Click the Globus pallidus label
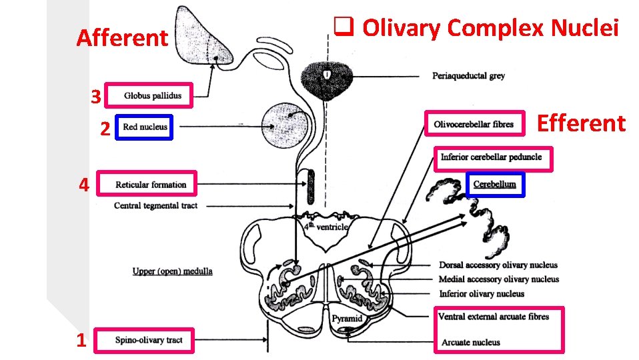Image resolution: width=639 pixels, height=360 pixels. pos(152,95)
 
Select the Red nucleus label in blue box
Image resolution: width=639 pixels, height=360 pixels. pos(145,127)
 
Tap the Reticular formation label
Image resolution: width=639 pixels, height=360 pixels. pos(151,185)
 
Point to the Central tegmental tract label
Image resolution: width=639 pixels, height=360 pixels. pos(155,205)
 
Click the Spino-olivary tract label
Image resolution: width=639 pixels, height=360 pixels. pos(148,340)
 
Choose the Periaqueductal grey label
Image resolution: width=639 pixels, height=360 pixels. pos(468,76)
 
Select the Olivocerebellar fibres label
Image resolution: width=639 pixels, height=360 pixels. pos(474,124)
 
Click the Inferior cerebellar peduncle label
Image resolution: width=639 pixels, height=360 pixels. pos(491,158)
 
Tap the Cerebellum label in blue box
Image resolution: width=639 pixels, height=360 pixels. pos(494,185)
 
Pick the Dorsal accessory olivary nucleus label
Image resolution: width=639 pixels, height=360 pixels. pos(498,265)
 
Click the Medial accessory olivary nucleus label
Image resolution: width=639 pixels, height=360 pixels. pos(498,279)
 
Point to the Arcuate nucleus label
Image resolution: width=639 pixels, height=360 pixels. pos(470,343)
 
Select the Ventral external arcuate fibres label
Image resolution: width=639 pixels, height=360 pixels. pos(494,317)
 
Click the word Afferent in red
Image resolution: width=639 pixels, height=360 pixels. pos(122,39)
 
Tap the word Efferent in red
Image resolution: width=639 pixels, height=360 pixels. pos(581,123)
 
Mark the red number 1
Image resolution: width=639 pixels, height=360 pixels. pos(81,341)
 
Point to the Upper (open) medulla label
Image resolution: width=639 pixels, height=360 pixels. pos(172,271)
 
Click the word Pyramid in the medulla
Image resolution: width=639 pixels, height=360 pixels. pos(348,318)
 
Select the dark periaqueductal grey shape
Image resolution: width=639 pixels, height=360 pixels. pos(326,79)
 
